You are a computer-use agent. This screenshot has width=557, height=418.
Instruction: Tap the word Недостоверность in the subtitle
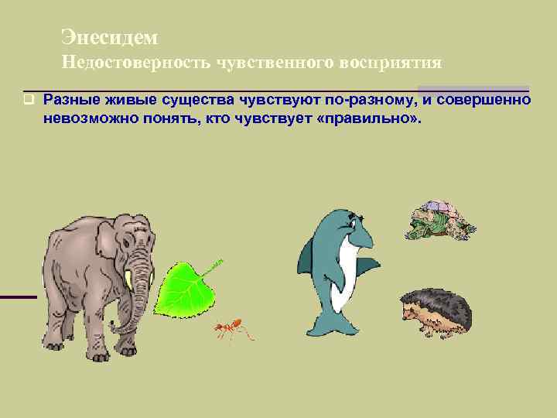click(127, 63)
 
